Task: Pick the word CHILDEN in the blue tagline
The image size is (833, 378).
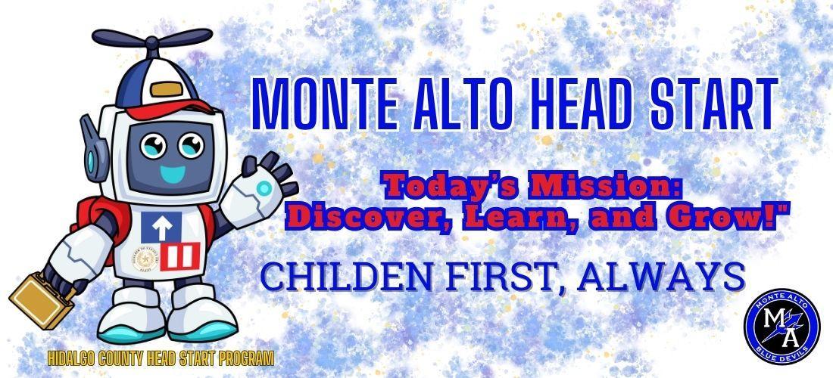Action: (346, 277)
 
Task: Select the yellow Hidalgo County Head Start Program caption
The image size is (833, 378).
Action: (161, 359)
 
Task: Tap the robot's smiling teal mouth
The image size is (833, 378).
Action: (173, 174)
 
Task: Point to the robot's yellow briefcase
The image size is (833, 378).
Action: (42, 301)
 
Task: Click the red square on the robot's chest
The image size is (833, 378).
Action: (180, 256)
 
